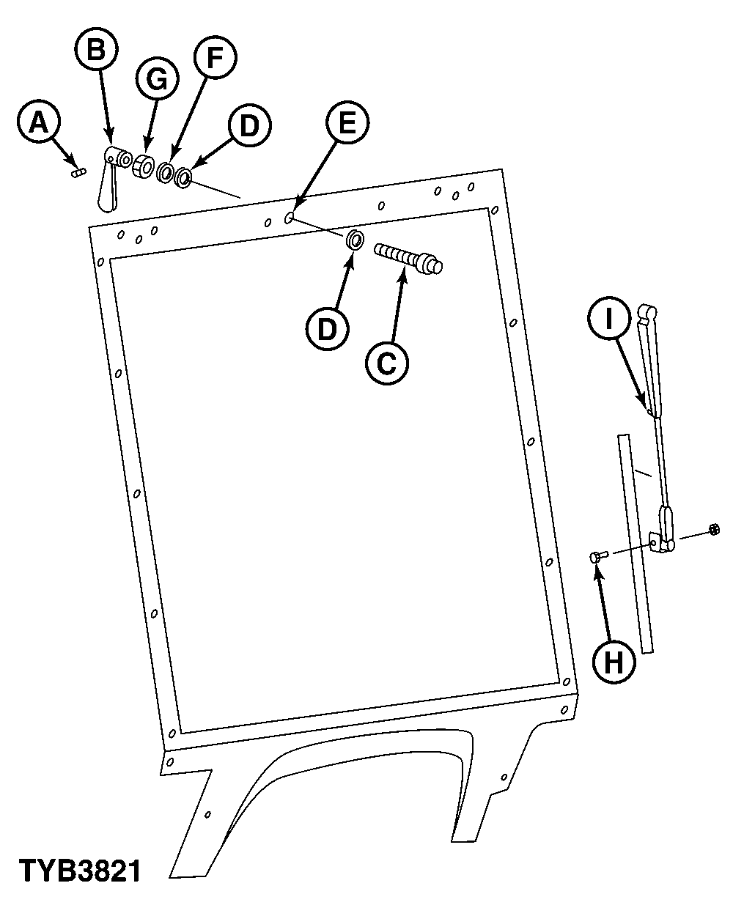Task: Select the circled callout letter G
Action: pos(157,80)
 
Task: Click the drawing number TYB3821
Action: pos(79,871)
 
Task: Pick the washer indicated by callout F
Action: pos(166,173)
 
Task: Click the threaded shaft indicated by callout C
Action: pos(407,258)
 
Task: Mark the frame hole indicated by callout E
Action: pos(289,217)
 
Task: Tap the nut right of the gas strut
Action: pos(713,529)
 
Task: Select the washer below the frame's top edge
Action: pos(356,239)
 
